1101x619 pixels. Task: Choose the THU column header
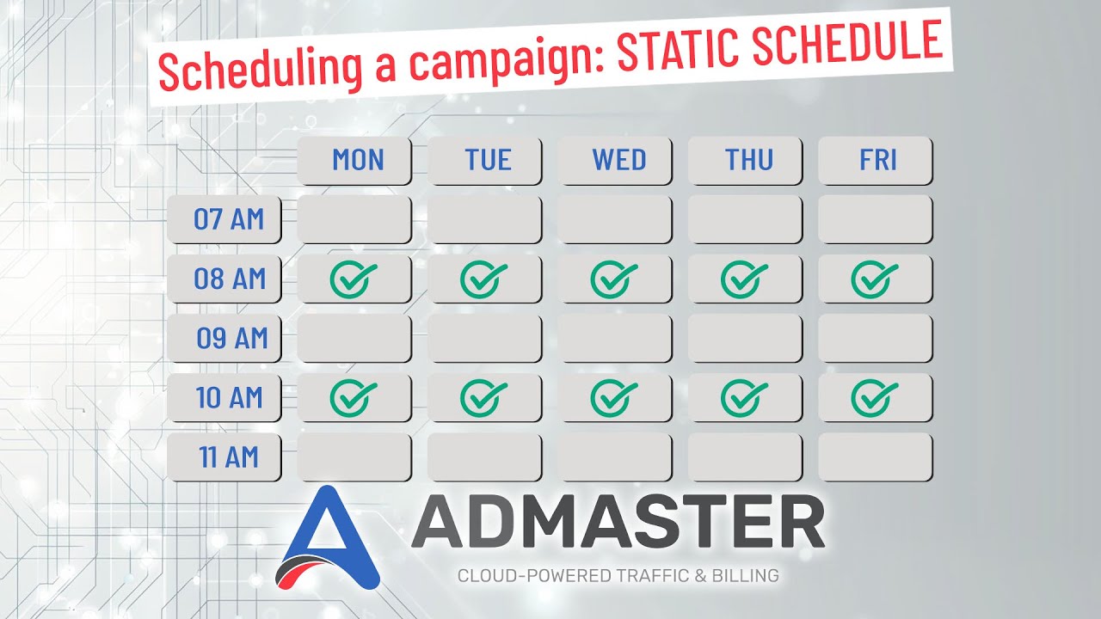[746, 160]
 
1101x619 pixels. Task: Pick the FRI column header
[876, 160]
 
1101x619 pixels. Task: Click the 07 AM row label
[225, 219]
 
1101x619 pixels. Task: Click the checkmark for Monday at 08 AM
[353, 279]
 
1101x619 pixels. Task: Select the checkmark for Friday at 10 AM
[874, 397]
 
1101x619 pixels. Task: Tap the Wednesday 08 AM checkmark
[613, 279]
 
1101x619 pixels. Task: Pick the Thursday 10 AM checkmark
[744, 397]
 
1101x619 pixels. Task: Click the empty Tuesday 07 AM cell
[485, 219]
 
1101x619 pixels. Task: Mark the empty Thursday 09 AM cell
[746, 338]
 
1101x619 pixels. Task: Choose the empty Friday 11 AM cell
[876, 457]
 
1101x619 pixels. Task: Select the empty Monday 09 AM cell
[354, 338]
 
